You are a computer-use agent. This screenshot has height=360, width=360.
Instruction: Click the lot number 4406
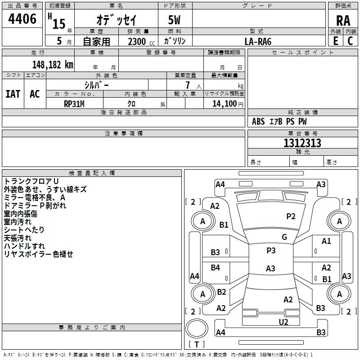pyautogui.click(x=22, y=19)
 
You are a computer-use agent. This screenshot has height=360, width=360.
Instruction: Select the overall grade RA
pyautogui.click(x=343, y=21)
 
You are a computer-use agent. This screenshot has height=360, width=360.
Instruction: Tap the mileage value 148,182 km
pyautogui.click(x=53, y=65)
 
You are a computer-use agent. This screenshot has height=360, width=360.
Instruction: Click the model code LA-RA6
pyautogui.click(x=258, y=41)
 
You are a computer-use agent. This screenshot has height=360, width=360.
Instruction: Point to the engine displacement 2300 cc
pyautogui.click(x=141, y=41)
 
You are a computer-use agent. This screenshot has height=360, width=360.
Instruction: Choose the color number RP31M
pyautogui.click(x=74, y=104)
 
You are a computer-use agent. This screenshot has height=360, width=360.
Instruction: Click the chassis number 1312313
pyautogui.click(x=302, y=143)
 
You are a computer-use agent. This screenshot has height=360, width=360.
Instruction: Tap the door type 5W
pyautogui.click(x=174, y=20)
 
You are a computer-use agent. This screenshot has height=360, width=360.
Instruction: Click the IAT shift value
pyautogui.click(x=13, y=94)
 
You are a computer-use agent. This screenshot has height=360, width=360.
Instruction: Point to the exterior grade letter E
pyautogui.click(x=336, y=41)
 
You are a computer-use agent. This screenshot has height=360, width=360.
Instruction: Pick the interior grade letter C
pyautogui.click(x=350, y=41)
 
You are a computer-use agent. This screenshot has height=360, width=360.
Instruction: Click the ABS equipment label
pyautogui.click(x=258, y=121)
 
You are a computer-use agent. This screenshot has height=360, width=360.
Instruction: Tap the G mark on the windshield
pyautogui.click(x=284, y=237)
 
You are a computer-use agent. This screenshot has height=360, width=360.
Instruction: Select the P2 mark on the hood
pyautogui.click(x=291, y=216)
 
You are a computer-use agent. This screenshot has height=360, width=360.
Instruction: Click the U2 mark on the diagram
pyautogui.click(x=283, y=322)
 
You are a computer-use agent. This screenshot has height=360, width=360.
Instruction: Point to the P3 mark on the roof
pyautogui.click(x=271, y=250)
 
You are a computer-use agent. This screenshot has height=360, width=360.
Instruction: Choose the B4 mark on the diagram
pyautogui.click(x=215, y=267)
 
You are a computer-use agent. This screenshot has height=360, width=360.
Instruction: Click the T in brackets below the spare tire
pyautogui.click(x=197, y=344)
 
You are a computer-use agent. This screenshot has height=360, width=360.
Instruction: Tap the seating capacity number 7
pyautogui.click(x=188, y=85)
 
